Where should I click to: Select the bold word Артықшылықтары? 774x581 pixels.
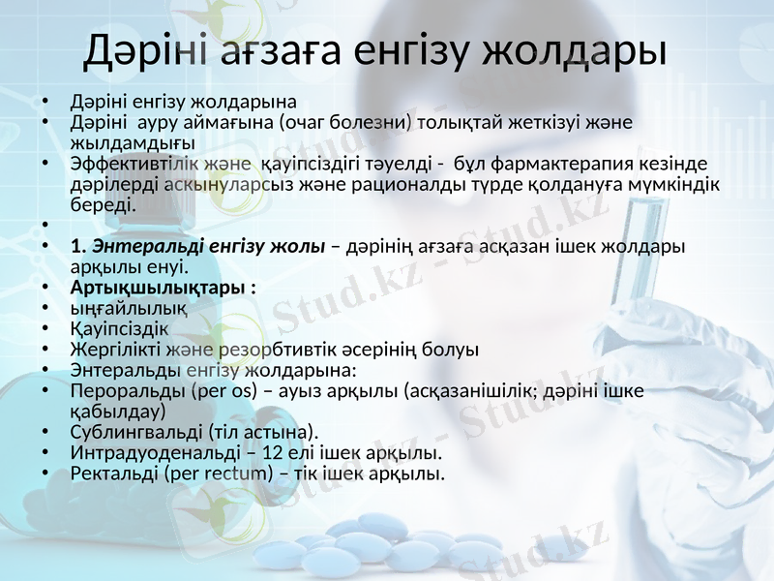pos(158,289)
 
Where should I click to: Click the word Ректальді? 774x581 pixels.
pos(113,474)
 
